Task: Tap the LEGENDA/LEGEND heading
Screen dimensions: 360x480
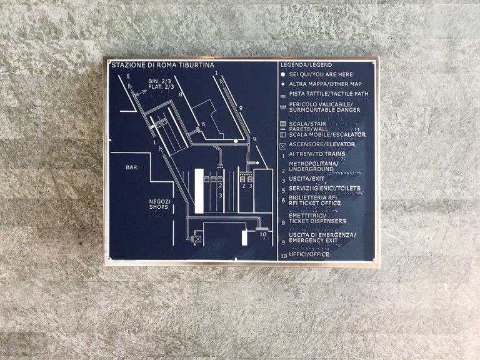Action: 306,65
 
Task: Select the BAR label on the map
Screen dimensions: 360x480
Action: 131,167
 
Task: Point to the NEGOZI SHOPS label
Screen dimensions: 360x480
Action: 160,205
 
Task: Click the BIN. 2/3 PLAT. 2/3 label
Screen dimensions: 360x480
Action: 161,84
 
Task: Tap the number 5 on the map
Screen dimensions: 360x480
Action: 128,77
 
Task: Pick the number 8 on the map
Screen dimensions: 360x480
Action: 181,95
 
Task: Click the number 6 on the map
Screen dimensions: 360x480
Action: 203,124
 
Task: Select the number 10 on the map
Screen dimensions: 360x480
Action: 262,235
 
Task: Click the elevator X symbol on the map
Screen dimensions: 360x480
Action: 197,239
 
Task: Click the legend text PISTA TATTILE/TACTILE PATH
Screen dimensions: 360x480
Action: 329,94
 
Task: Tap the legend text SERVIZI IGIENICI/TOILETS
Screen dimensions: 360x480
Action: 325,188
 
